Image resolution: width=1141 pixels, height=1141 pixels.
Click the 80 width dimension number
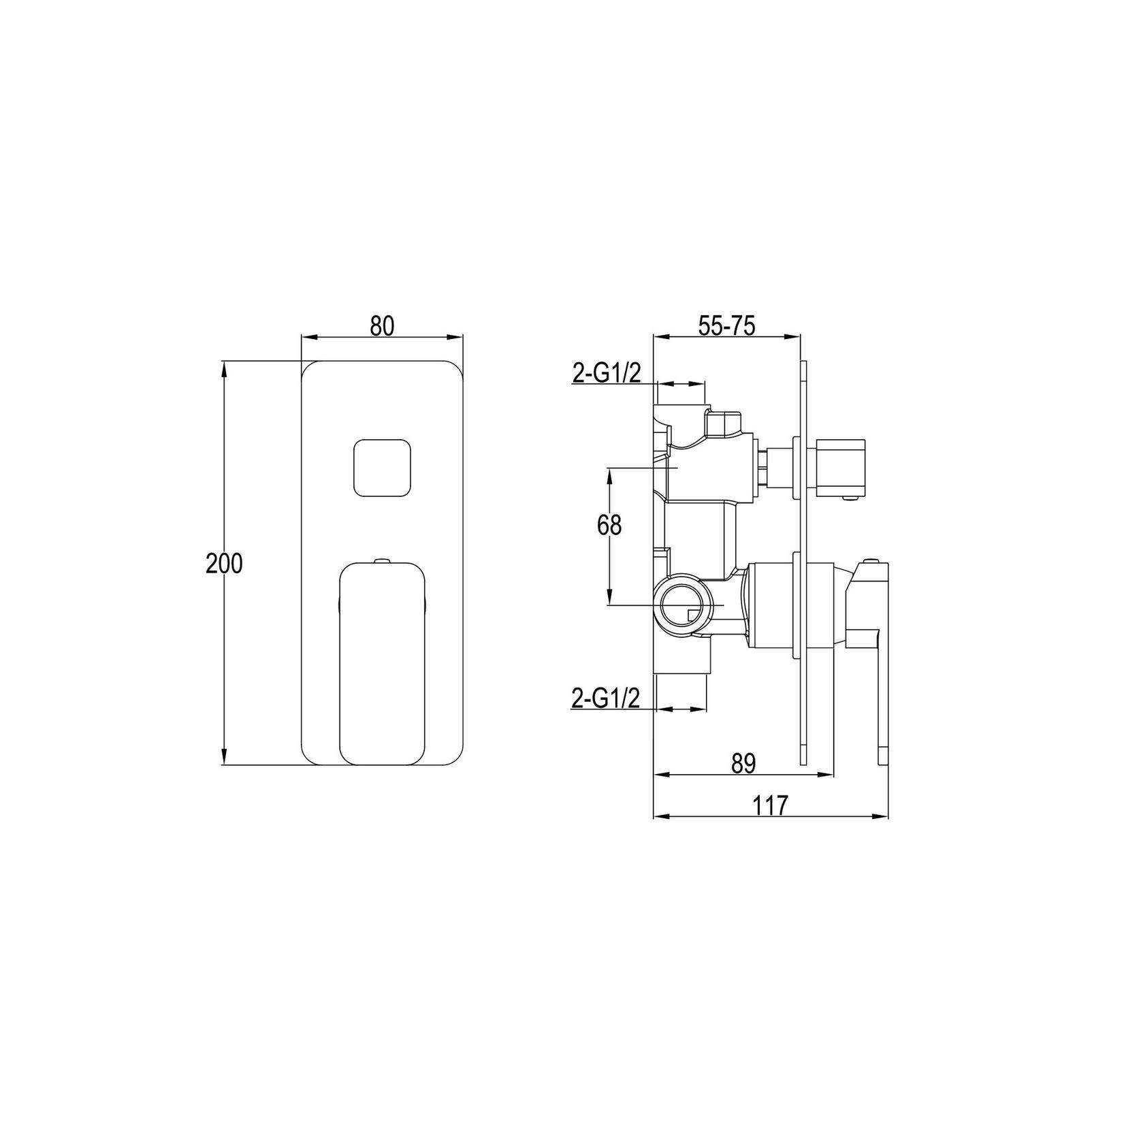point(382,326)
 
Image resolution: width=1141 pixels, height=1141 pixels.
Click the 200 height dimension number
point(224,564)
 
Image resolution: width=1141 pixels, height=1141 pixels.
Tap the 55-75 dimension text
point(726,327)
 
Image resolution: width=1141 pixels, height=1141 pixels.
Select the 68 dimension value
point(609,526)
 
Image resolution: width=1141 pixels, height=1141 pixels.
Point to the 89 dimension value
point(744,763)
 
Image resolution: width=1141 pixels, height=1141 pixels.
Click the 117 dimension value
point(770,806)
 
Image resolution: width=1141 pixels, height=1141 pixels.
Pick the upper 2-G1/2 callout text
point(606,373)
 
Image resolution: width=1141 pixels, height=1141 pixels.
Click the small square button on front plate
point(382,468)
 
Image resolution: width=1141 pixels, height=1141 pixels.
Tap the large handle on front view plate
point(382,662)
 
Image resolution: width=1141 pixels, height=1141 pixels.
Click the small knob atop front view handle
point(382,561)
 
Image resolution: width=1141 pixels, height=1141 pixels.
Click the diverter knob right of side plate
point(843,468)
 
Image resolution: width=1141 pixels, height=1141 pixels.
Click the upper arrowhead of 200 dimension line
point(224,367)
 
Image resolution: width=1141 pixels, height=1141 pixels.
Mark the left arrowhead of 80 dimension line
point(306,336)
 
